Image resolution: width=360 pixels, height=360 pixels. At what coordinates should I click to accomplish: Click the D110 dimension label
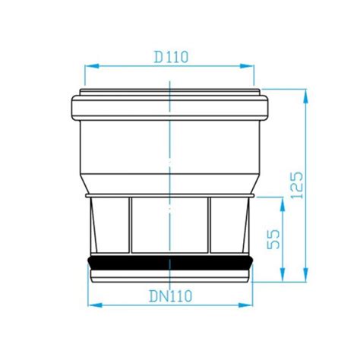click(171, 55)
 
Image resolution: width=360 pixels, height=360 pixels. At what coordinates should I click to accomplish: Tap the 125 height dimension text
click(297, 184)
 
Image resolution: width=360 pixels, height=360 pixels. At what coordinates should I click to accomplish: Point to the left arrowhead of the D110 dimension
click(86, 66)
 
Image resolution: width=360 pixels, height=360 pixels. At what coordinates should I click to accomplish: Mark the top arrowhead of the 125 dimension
click(306, 98)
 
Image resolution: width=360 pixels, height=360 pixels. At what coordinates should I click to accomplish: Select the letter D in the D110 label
click(158, 55)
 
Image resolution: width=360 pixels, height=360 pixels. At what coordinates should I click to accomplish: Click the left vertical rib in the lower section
click(131, 226)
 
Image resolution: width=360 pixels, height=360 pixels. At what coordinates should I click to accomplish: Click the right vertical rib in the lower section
click(210, 226)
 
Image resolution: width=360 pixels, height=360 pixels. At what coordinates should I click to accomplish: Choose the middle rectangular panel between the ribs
click(170, 226)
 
